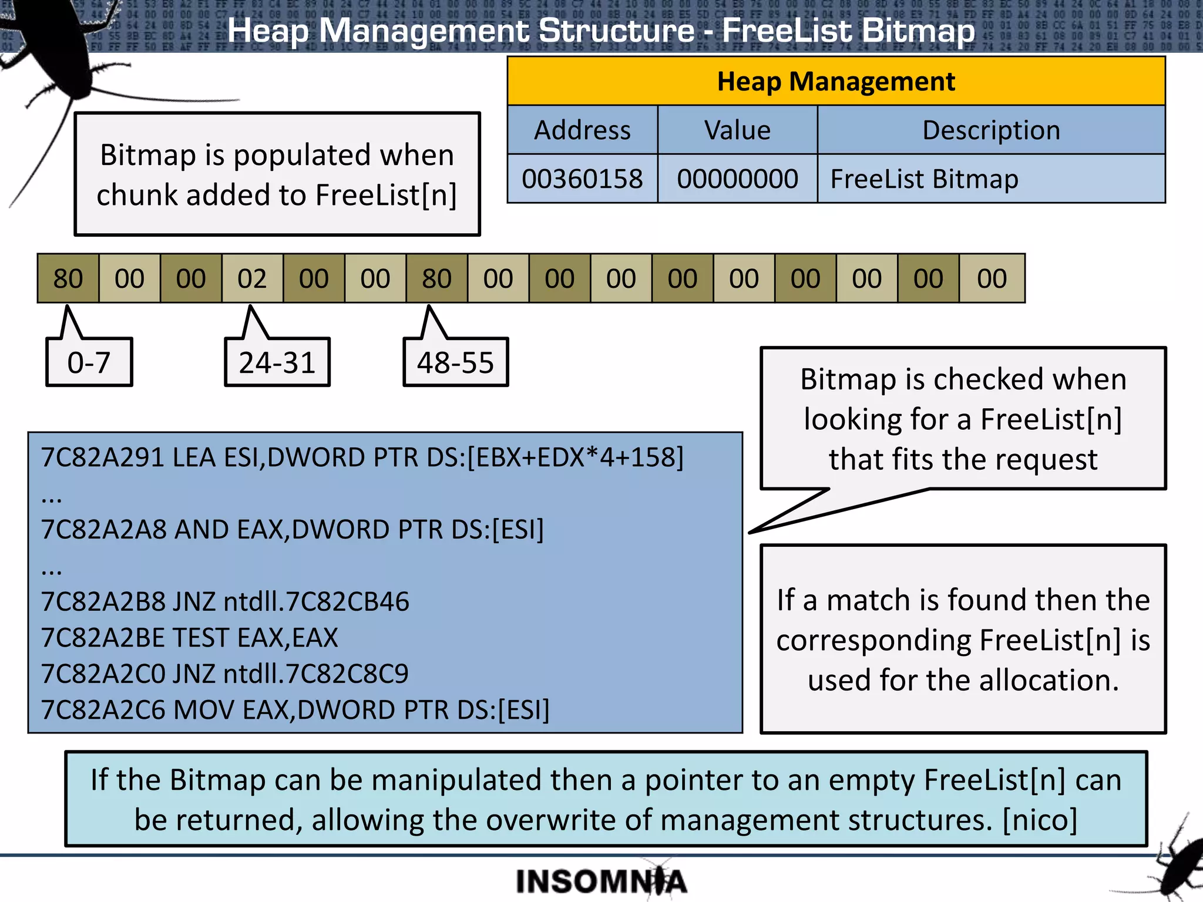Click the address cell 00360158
pyautogui.click(x=582, y=179)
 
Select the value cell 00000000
pyautogui.click(x=737, y=179)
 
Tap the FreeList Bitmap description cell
pyautogui.click(x=990, y=179)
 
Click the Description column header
pyautogui.click(x=991, y=130)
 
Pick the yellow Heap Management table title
pyautogui.click(x=836, y=82)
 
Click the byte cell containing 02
pyautogui.click(x=252, y=279)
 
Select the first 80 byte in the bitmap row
pyautogui.click(x=68, y=279)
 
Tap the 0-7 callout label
pyautogui.click(x=89, y=363)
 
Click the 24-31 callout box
pyautogui.click(x=277, y=363)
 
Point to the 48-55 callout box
pyautogui.click(x=456, y=363)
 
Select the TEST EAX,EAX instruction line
pyautogui.click(x=189, y=638)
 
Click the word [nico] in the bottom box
pyautogui.click(x=1040, y=820)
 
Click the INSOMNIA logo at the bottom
pyautogui.click(x=601, y=881)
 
